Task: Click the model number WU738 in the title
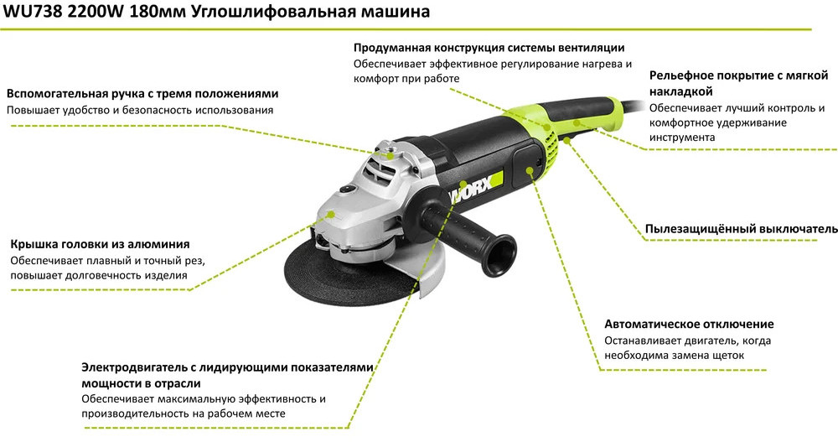33,11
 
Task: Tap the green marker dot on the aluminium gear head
331,215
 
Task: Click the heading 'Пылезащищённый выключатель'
742,229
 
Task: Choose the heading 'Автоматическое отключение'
689,324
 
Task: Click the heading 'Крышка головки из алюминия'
100,244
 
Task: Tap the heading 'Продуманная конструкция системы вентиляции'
489,48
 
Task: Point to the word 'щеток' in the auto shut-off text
727,356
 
